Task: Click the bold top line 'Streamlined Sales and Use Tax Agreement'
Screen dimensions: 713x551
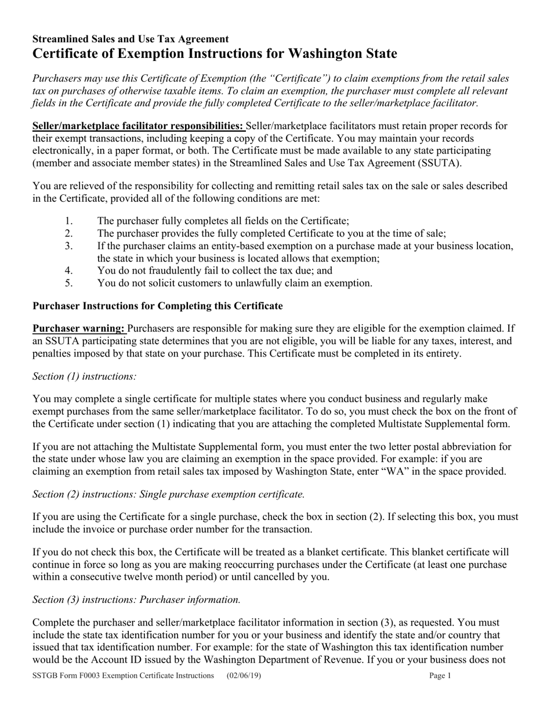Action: click(130, 39)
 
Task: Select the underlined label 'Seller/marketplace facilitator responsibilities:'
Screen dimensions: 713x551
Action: click(139, 126)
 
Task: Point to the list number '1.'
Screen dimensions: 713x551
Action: click(69, 221)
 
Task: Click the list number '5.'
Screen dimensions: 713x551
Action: click(69, 283)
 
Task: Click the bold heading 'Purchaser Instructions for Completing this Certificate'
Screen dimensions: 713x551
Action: click(158, 305)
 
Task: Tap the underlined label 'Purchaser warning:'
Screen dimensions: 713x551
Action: click(79, 328)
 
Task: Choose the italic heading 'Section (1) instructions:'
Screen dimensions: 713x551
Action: click(85, 376)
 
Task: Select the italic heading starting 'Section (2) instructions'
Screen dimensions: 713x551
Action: click(169, 494)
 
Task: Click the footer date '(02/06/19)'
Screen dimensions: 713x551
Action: click(244, 675)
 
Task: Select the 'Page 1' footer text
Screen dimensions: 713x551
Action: click(440, 675)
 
